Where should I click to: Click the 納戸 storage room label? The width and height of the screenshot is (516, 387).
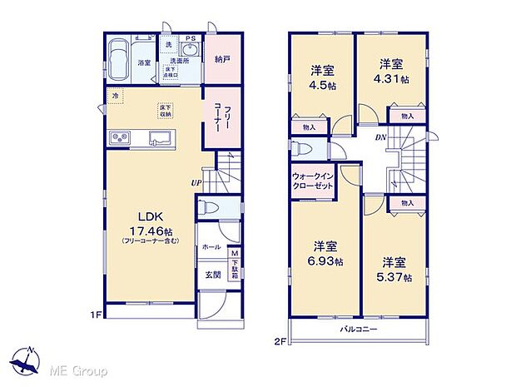[221, 59]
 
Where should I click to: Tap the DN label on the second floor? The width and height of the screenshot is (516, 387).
[380, 138]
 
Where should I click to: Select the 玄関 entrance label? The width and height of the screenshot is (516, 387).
[212, 274]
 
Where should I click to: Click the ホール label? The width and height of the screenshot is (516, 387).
[211, 246]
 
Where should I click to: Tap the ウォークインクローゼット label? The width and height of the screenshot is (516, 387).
[313, 181]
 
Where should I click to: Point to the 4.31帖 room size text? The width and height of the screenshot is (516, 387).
[392, 80]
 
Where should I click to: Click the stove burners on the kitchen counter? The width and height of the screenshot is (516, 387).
[117, 138]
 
